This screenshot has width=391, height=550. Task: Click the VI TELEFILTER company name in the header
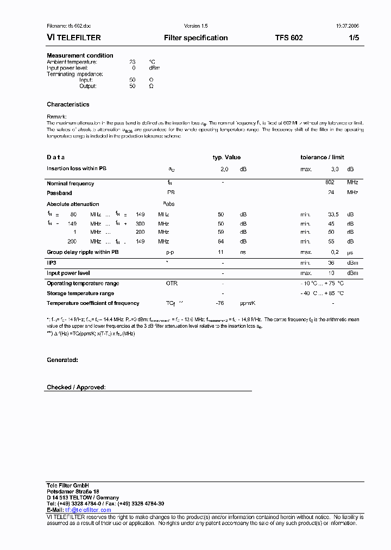[x=74, y=38]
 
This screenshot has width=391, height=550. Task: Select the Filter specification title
[x=195, y=38]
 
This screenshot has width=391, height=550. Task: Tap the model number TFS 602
[x=288, y=38]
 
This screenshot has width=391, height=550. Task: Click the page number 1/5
[x=354, y=38]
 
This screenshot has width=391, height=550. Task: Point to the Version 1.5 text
[x=195, y=26]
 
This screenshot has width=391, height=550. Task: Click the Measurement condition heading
[x=80, y=55]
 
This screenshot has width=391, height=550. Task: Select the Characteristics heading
[x=68, y=104]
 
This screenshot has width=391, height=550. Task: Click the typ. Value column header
[x=226, y=158]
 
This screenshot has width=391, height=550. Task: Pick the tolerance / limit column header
[x=322, y=158]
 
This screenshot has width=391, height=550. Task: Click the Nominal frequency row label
[x=70, y=184]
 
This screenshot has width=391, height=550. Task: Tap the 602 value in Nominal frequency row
[x=330, y=183]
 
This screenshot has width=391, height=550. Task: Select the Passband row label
[x=59, y=193]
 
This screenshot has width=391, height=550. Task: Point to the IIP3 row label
[x=52, y=262]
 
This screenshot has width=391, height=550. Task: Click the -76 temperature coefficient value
[x=220, y=303]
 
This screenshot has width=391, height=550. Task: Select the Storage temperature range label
[x=80, y=293]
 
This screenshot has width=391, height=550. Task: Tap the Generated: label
[x=62, y=360]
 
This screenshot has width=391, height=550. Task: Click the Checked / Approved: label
[x=76, y=387]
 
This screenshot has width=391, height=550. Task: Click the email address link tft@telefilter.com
[x=88, y=510]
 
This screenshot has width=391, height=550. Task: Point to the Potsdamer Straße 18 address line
[x=73, y=491]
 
